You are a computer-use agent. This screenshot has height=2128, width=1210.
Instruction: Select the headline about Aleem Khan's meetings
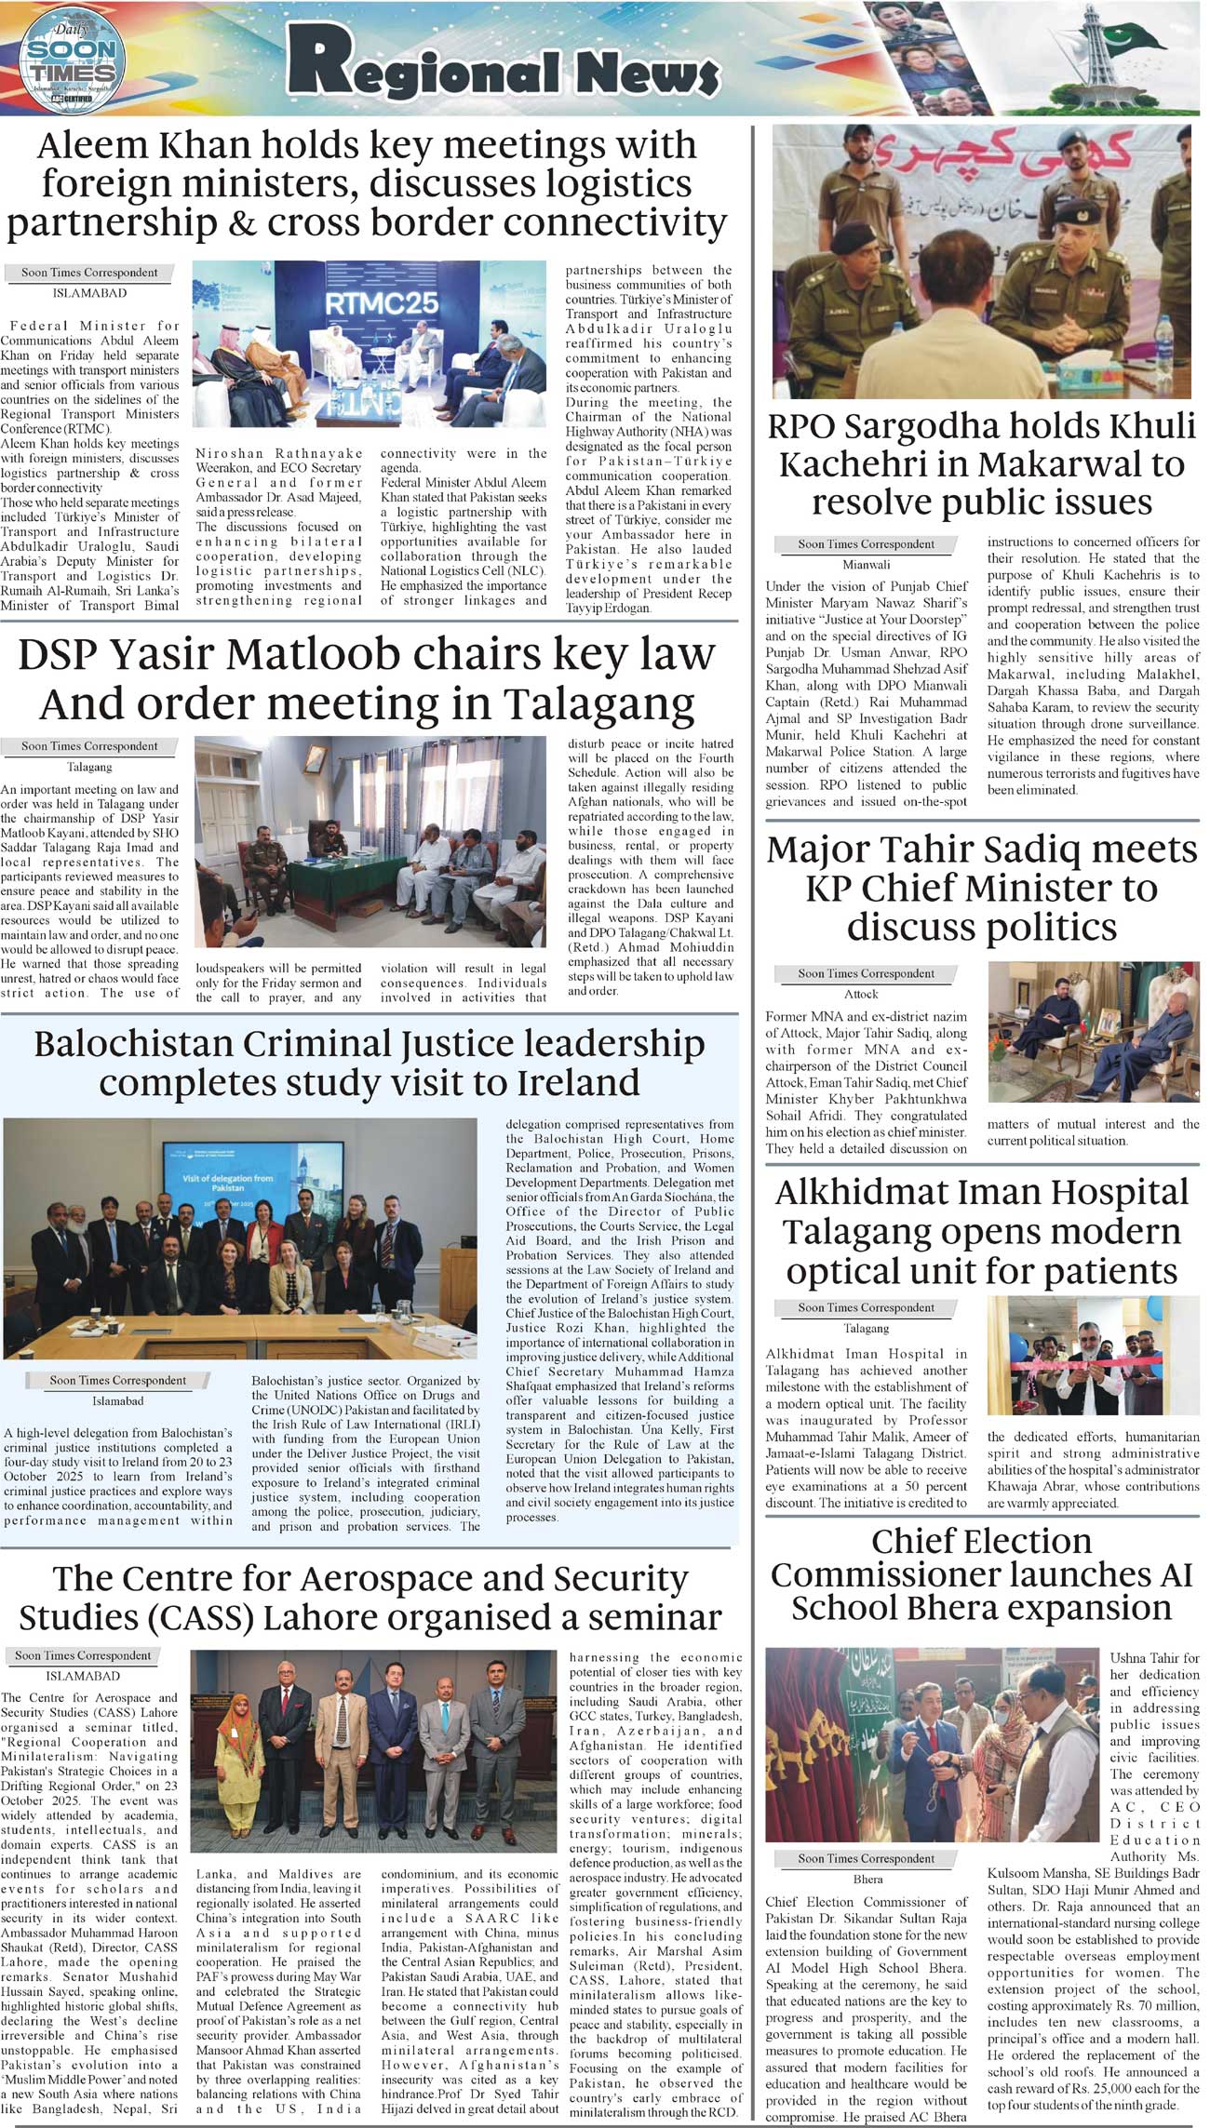(368, 184)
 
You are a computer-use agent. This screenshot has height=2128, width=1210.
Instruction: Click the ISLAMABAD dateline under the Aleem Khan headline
(89, 293)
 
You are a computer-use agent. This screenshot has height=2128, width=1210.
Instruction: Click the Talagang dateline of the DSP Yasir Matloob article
(89, 767)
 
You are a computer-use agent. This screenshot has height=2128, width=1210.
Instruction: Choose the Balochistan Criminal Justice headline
(370, 1063)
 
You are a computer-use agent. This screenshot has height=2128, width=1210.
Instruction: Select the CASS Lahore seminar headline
(370, 1597)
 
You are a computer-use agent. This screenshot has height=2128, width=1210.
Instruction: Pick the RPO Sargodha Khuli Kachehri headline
(982, 463)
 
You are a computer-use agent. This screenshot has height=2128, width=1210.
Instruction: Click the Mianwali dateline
(866, 564)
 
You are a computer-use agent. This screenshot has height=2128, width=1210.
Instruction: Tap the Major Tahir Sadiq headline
(982, 888)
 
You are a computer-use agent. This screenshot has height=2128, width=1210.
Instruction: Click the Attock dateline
(861, 994)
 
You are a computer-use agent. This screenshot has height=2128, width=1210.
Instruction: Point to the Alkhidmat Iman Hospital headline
(982, 1231)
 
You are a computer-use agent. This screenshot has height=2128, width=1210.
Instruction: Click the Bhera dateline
(867, 1880)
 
